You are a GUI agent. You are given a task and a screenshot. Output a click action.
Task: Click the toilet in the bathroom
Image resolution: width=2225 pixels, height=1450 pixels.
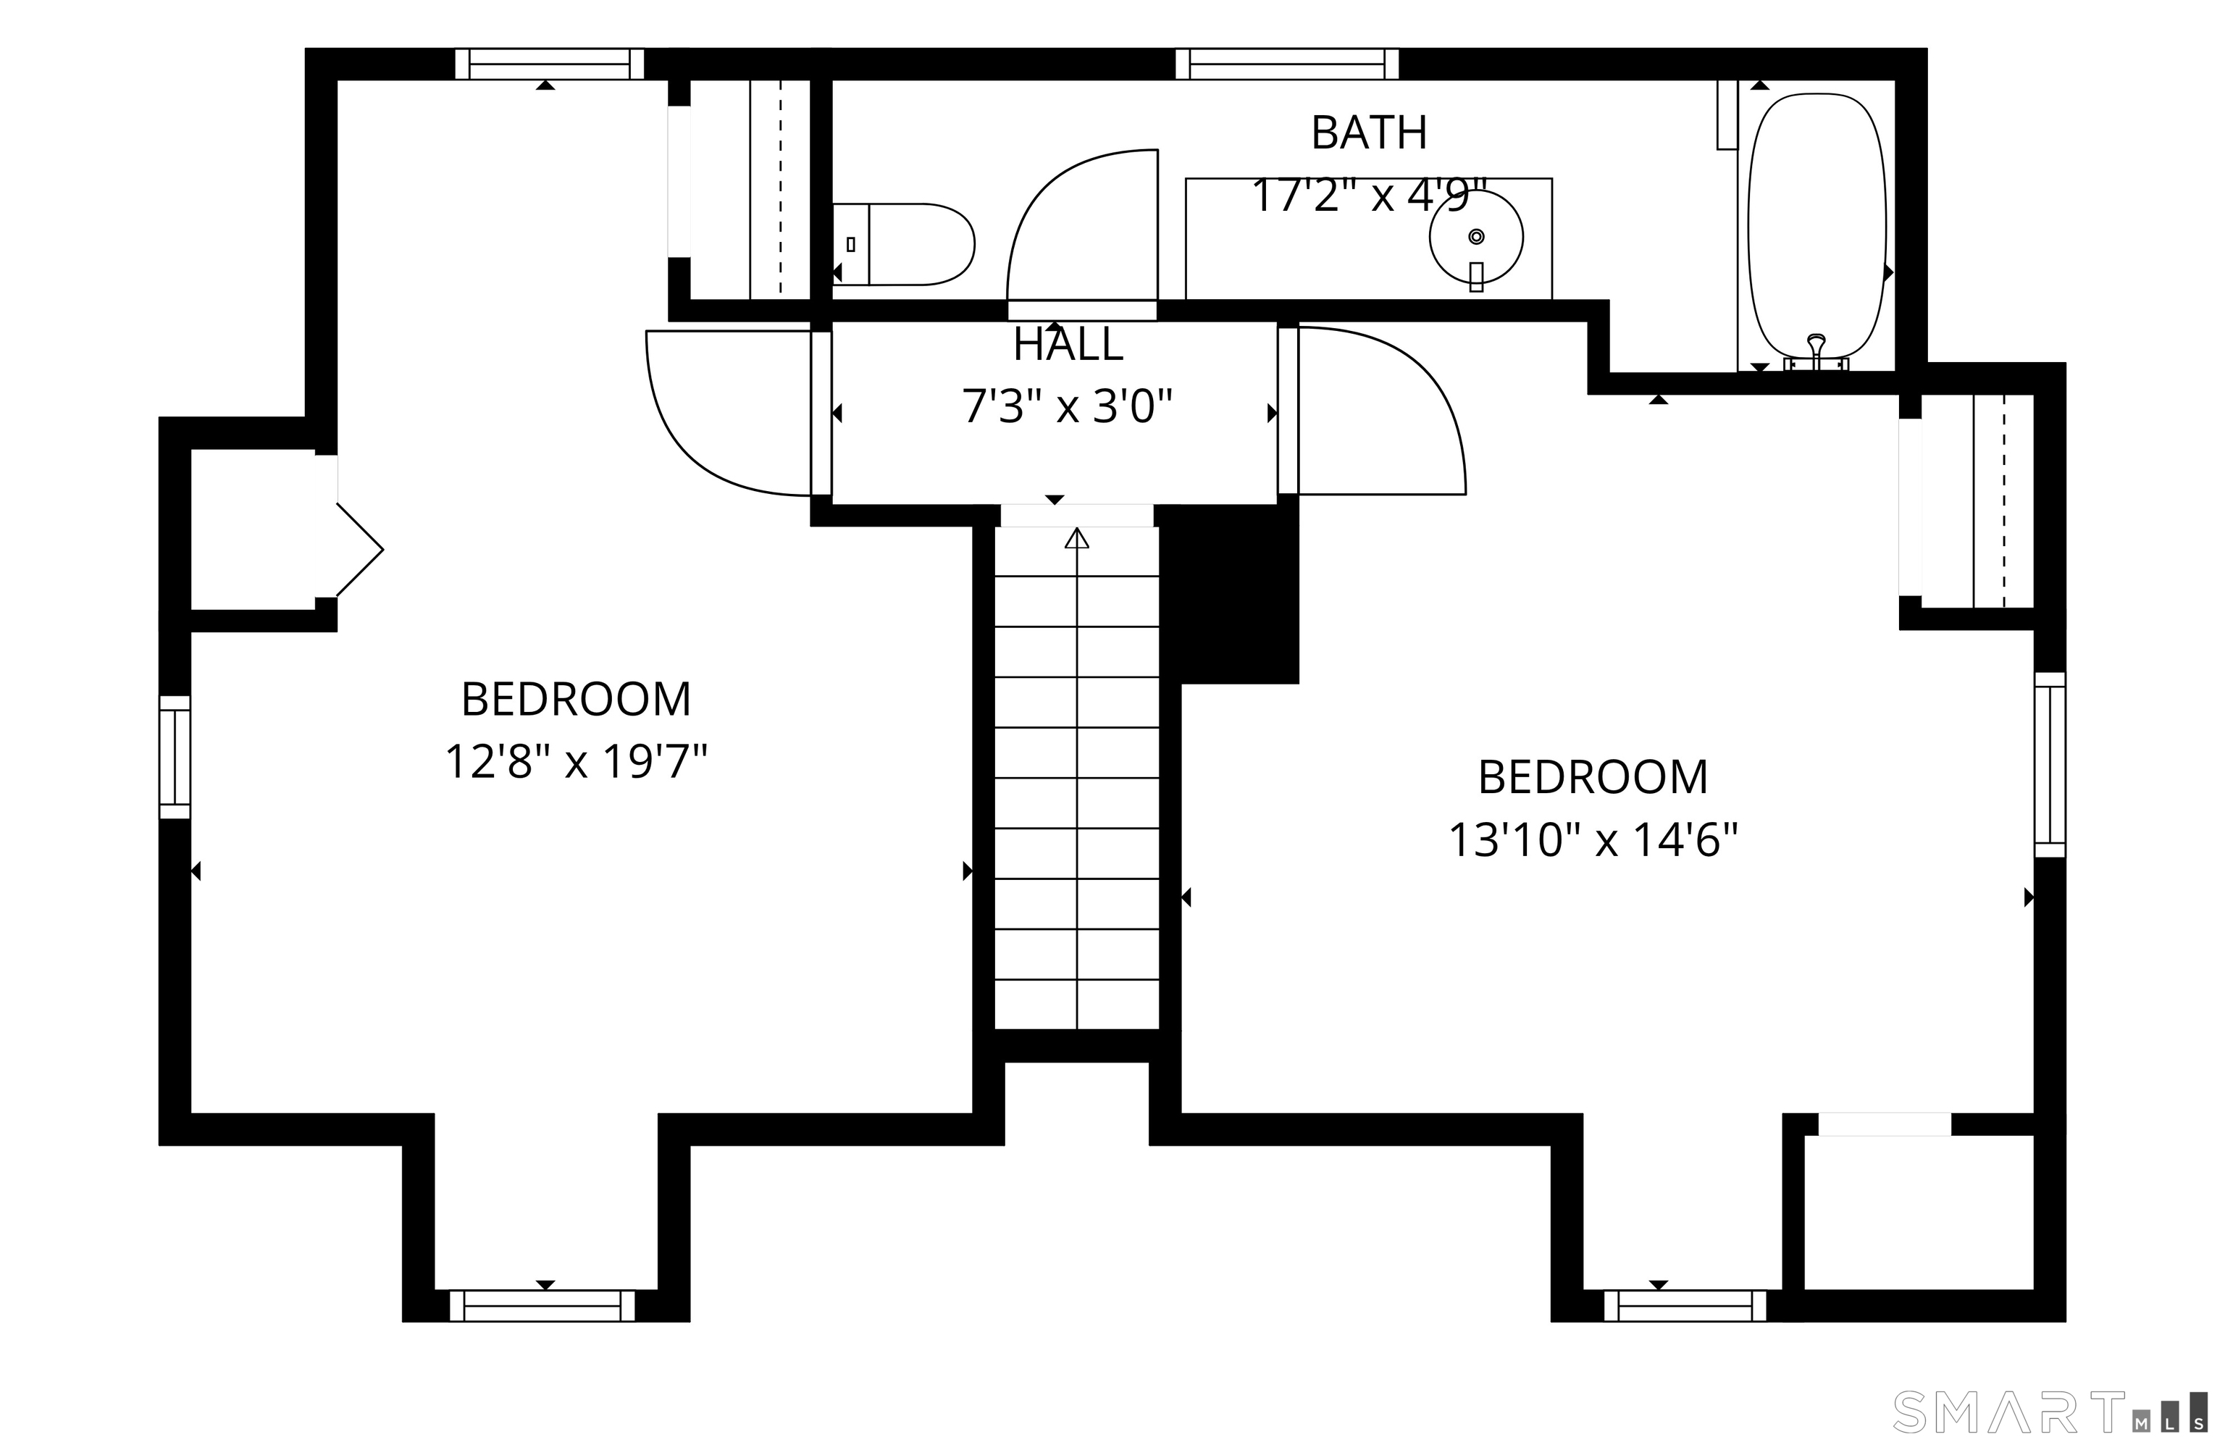(x=903, y=244)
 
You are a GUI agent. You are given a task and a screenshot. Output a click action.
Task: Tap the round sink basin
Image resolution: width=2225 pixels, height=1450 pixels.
(x=1476, y=238)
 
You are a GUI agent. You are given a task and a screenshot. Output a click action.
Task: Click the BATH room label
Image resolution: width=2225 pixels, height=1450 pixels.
(x=1369, y=133)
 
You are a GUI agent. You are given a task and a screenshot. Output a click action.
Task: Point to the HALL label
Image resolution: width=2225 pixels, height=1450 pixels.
(x=1068, y=345)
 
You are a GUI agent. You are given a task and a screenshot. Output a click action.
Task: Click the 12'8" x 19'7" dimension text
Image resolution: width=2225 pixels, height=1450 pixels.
(x=576, y=762)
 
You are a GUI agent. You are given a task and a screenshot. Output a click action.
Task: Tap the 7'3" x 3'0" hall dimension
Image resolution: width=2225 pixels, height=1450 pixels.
(x=1068, y=406)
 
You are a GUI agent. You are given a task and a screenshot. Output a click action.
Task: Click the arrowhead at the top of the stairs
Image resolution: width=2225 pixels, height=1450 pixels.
(x=1077, y=537)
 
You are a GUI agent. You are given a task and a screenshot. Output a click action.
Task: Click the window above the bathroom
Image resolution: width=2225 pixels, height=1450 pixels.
(x=1287, y=64)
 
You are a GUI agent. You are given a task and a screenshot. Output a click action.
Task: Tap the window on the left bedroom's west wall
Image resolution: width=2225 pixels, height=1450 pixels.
(x=175, y=758)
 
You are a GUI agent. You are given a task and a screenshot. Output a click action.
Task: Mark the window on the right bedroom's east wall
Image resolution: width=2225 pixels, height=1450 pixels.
(x=2050, y=765)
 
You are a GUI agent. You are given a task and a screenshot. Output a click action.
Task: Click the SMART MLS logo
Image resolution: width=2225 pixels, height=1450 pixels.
(x=2052, y=1412)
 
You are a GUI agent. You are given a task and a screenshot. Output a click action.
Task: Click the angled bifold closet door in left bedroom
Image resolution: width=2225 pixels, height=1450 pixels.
(x=360, y=550)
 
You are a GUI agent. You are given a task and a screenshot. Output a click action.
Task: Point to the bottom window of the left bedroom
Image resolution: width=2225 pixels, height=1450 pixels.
(x=542, y=1306)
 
